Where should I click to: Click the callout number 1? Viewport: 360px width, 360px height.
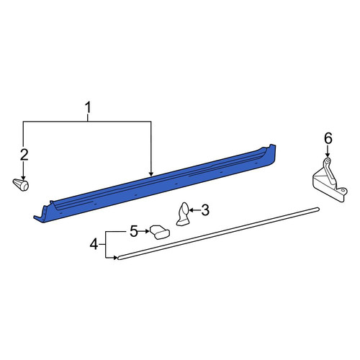tap(88, 108)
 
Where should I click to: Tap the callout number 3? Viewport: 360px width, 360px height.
tap(205, 210)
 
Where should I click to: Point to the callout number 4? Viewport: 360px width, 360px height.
tap(94, 245)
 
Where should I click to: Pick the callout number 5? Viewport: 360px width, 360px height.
tap(134, 231)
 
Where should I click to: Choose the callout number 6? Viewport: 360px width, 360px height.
tap(328, 139)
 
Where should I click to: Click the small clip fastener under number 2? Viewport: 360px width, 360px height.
tap(21, 184)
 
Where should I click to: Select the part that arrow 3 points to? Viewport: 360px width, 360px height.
tap(183, 215)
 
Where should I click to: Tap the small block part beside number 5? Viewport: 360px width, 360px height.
tap(160, 232)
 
